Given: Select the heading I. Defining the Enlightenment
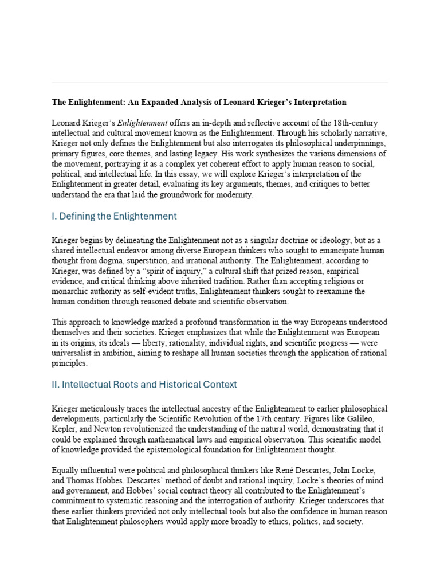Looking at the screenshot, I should click(114, 216).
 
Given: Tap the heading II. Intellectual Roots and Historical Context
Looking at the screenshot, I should click(144, 385).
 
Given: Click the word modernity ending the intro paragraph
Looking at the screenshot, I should click(232, 195).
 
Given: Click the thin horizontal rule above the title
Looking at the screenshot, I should click(219, 83).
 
